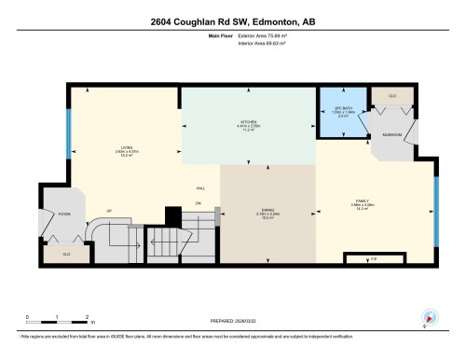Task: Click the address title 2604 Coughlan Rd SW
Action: click(x=233, y=21)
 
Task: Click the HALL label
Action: click(x=199, y=187)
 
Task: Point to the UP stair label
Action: click(x=109, y=211)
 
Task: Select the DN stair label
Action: click(x=199, y=202)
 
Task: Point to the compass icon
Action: click(x=431, y=318)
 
